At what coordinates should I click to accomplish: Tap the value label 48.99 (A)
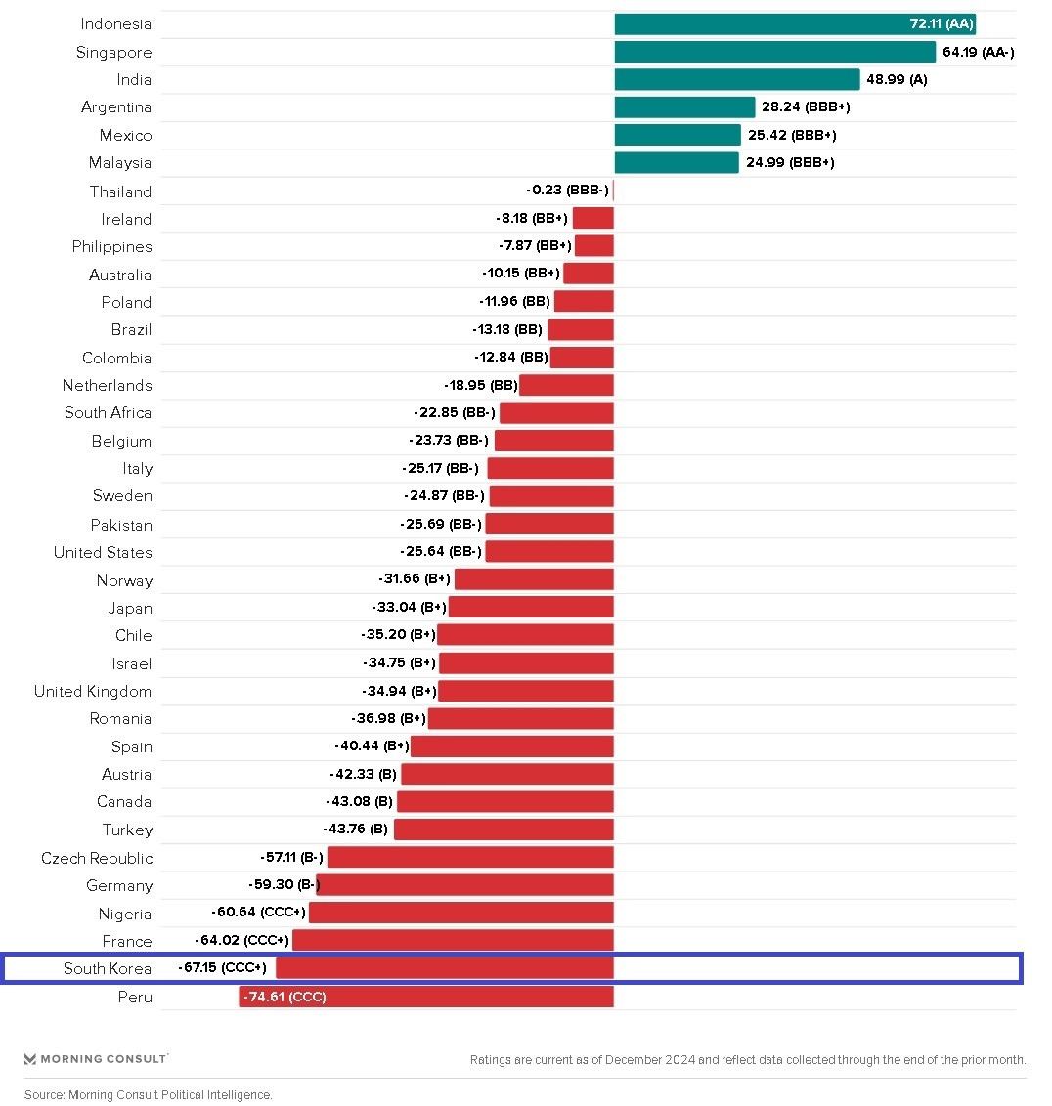point(897,79)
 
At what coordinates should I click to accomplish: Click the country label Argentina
point(116,107)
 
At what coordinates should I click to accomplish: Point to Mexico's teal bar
point(678,135)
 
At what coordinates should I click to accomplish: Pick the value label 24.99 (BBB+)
point(790,162)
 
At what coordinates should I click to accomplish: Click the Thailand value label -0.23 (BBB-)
point(567,191)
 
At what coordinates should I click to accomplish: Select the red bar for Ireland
point(593,219)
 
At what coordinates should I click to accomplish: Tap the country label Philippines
point(111,247)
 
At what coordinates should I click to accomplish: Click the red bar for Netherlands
point(566,386)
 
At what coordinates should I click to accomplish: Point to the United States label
point(103,553)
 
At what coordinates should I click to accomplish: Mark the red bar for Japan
point(531,608)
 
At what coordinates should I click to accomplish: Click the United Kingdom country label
point(93,692)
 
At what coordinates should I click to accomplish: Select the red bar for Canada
point(505,802)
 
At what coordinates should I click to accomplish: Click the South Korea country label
point(108,969)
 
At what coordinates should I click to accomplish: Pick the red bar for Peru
point(426,997)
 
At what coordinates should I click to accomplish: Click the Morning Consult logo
point(96,1059)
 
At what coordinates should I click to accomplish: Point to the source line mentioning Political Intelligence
point(149,1095)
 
